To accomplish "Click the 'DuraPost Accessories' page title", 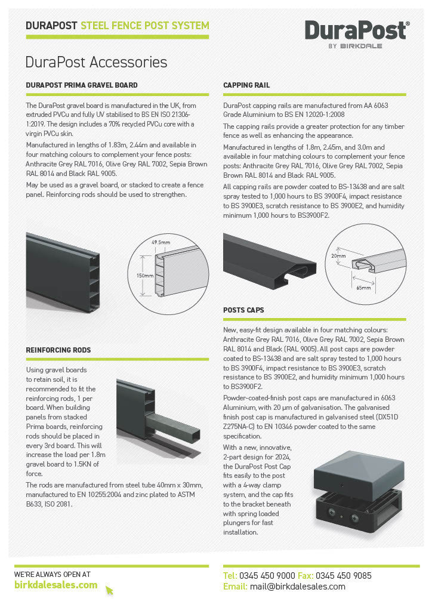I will pos(96,62).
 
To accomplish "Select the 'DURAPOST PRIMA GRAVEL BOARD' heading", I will pos(82,85).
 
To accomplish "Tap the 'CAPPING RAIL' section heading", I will pos(246,85).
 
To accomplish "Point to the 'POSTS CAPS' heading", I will pos(243,310).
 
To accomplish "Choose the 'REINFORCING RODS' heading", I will pos(58,350).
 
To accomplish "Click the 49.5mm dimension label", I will pos(161,243).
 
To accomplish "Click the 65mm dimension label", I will pos(363,288).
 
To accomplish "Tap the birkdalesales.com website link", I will pos(55,585).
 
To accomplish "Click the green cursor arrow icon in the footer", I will pos(109,590).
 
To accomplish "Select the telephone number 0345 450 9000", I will pos(267,576).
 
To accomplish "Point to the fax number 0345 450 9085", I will pos(343,576).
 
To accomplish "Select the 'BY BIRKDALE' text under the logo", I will pos(355,45).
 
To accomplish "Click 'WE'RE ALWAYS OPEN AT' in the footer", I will pos(53,574).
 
